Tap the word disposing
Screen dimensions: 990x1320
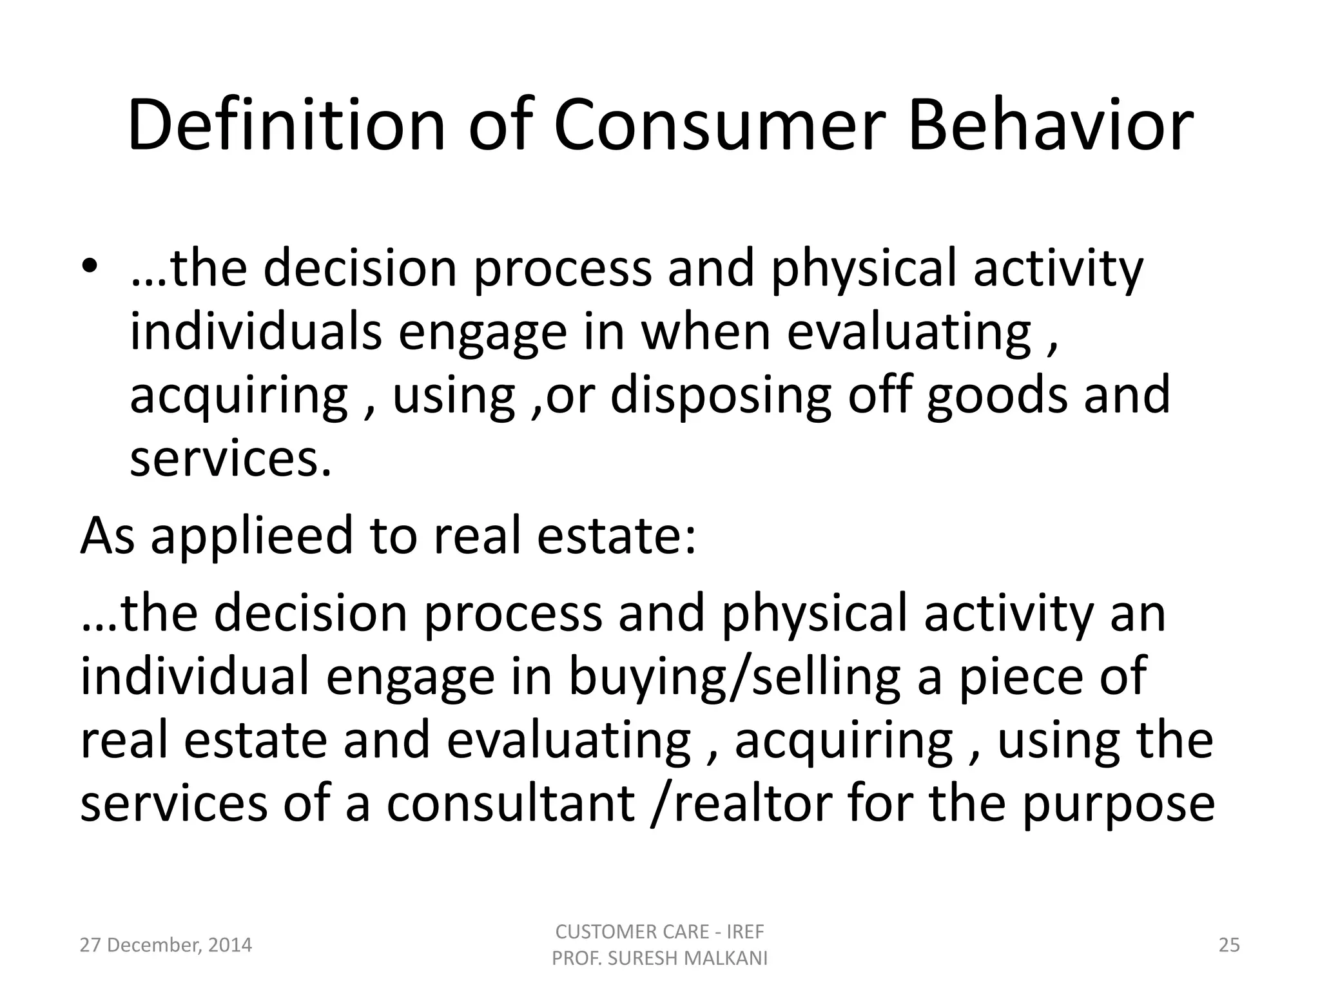click(721, 396)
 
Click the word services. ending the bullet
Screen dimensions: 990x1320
click(231, 459)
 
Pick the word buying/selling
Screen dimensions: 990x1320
click(734, 677)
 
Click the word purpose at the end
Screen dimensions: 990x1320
click(1118, 806)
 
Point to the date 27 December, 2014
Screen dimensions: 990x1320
click(166, 946)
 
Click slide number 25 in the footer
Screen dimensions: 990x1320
click(1229, 946)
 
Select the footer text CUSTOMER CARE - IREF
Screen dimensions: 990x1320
click(659, 932)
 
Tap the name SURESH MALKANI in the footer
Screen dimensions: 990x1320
click(688, 959)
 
